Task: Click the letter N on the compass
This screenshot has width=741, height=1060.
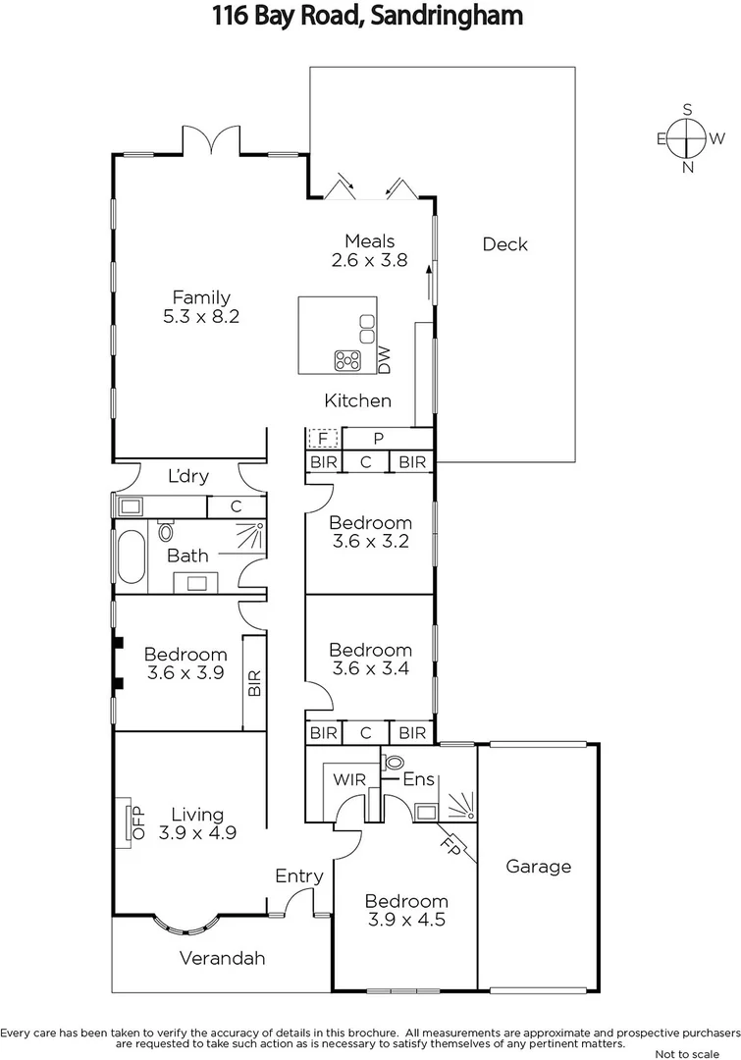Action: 688,167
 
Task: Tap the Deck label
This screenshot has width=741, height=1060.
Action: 504,244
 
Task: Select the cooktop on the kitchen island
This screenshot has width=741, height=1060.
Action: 347,359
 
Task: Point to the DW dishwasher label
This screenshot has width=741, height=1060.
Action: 384,360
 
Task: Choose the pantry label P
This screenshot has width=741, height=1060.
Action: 378,438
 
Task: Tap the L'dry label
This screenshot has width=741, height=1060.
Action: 187,476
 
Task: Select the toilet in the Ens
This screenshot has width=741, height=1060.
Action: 394,761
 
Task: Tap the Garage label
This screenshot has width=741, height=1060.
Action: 538,866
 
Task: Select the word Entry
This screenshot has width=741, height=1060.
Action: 298,875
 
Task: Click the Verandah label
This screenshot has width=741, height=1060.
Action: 223,958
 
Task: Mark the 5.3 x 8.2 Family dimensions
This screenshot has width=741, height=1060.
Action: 201,317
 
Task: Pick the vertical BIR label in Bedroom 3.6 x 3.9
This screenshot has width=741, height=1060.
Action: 254,682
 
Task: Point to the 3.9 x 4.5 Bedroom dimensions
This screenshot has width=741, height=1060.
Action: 406,920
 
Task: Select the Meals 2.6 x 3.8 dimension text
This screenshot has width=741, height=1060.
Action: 369,260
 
